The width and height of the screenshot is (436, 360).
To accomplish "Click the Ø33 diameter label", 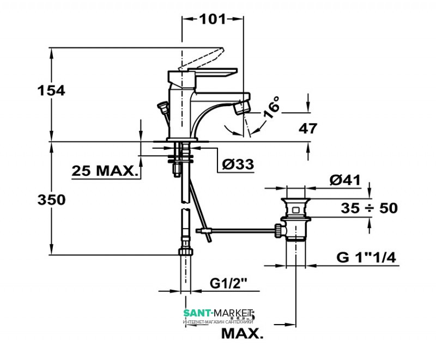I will coord(239,164).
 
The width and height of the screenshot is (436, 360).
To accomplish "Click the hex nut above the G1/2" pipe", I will coord(185,252).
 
